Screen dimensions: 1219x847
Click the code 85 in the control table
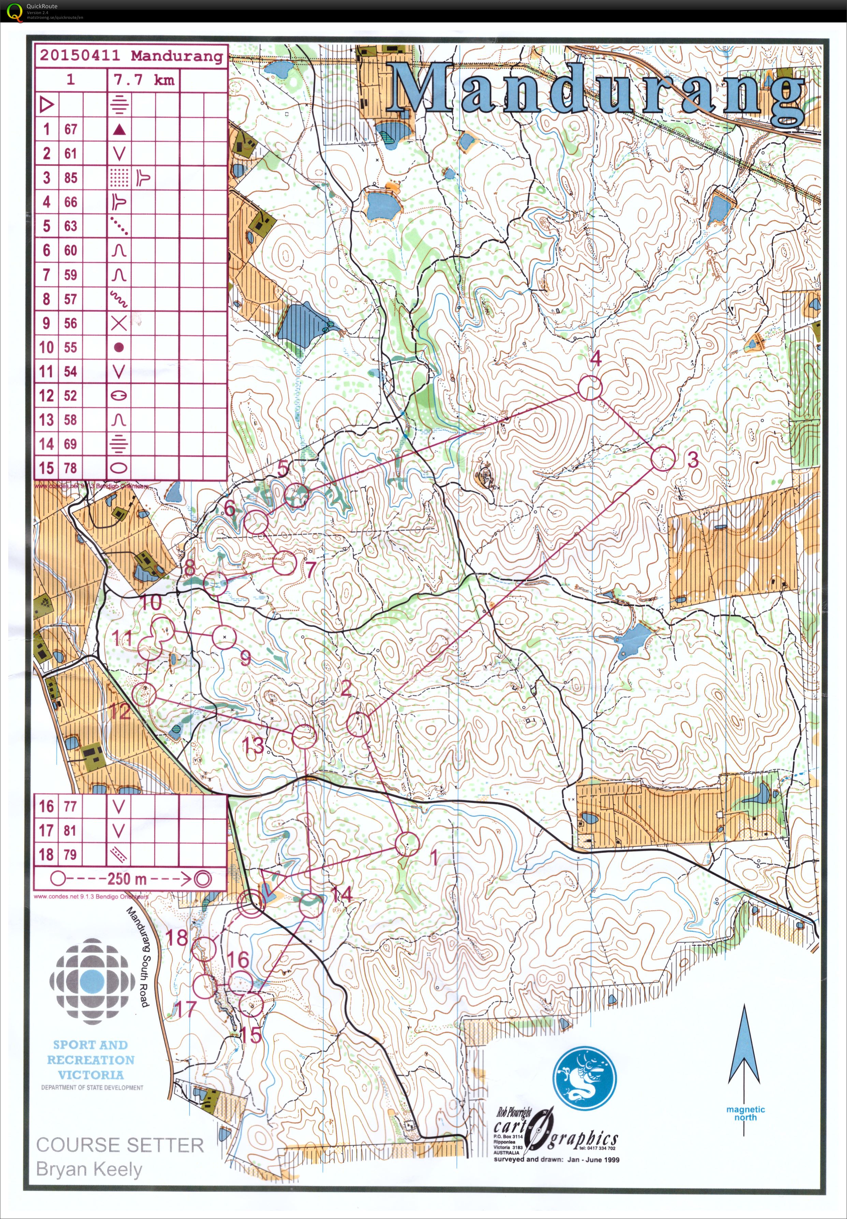pyautogui.click(x=71, y=177)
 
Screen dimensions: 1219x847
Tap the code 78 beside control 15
pyautogui.click(x=71, y=468)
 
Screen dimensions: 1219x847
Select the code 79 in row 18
pyautogui.click(x=71, y=854)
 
